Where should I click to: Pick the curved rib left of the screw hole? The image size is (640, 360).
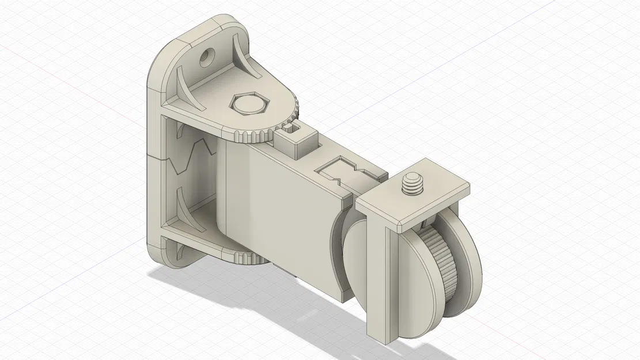pos(183,86)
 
